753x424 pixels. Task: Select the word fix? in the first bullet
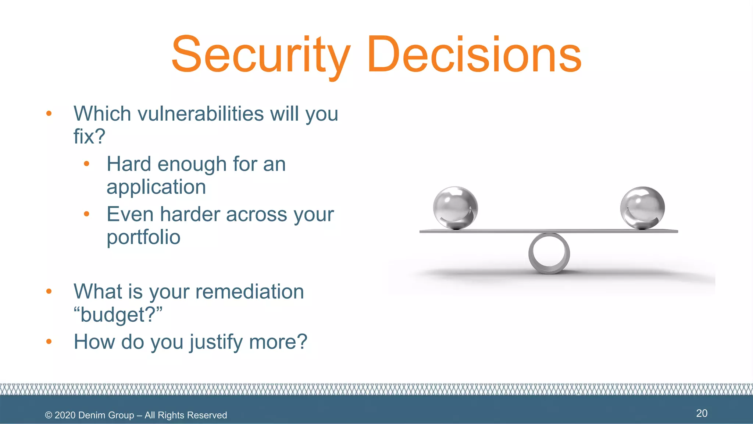pos(89,137)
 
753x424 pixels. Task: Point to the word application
pos(156,187)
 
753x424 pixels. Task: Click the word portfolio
pos(143,237)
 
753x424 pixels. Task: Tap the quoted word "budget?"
pos(118,315)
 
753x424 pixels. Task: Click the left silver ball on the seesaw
pos(455,208)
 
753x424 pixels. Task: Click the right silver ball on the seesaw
pos(642,208)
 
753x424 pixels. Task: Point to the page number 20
pos(702,413)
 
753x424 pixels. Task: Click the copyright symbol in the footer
pos(49,415)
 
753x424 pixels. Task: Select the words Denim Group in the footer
pos(106,415)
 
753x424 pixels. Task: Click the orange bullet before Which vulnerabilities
pos(49,113)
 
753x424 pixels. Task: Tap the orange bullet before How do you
pos(49,342)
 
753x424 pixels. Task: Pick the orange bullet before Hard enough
pos(87,164)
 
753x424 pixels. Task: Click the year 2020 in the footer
pos(65,415)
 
